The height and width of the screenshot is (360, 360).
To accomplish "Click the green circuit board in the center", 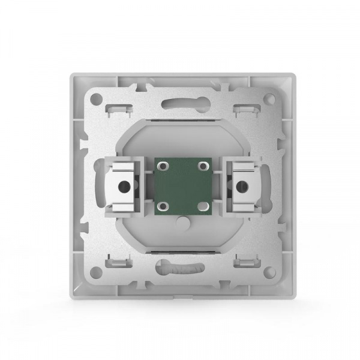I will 180,187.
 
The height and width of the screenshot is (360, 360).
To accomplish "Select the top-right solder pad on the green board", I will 202,165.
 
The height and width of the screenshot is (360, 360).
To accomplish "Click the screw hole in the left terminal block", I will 124,187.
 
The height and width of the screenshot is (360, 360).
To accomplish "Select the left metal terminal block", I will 122,187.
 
